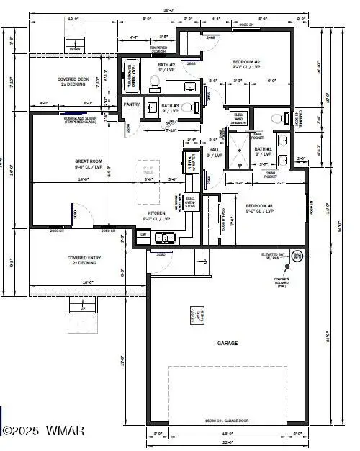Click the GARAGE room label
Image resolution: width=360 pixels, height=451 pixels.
click(x=228, y=344)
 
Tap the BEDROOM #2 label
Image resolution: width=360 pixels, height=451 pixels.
click(x=246, y=63)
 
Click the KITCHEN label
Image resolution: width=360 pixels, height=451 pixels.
click(x=158, y=215)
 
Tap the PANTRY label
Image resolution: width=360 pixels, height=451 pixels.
click(x=131, y=104)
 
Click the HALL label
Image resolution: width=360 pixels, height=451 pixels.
click(x=215, y=151)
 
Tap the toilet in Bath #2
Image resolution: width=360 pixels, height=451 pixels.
click(x=153, y=85)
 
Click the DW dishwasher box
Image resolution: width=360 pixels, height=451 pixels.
click(x=143, y=234)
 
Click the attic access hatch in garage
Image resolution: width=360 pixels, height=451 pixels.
click(x=196, y=315)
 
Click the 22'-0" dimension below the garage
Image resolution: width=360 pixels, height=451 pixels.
click(x=228, y=441)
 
